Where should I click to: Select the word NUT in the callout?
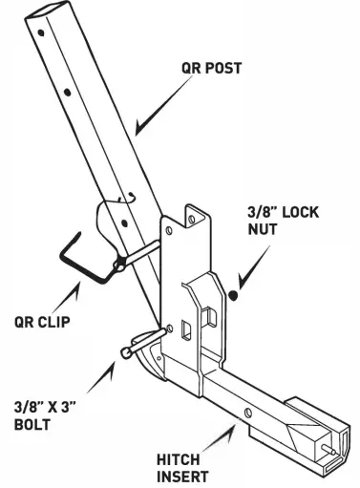point(272,231)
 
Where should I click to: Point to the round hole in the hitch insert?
point(246,412)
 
